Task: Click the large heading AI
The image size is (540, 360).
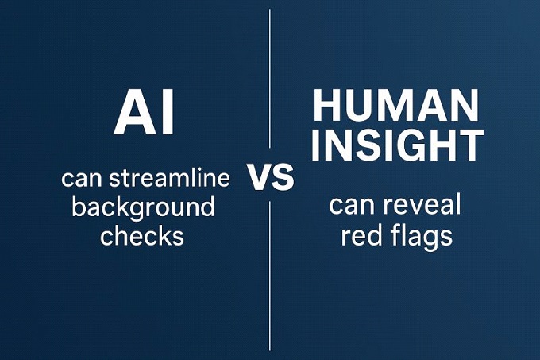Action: (143, 112)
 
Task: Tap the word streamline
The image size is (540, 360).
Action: (170, 179)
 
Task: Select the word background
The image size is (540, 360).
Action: (143, 208)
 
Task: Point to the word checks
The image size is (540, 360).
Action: (142, 236)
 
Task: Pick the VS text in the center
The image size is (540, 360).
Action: (270, 178)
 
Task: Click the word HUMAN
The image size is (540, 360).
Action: (395, 105)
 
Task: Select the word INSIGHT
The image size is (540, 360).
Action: (397, 145)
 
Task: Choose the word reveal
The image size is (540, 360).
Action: (422, 205)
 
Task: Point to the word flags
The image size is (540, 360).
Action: (423, 238)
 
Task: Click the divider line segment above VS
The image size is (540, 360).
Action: (270, 79)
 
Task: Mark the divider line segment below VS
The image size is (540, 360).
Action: (270, 276)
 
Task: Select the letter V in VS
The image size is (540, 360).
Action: (259, 178)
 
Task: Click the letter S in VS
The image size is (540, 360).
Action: (283, 178)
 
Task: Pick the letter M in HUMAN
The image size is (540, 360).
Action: (396, 105)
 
